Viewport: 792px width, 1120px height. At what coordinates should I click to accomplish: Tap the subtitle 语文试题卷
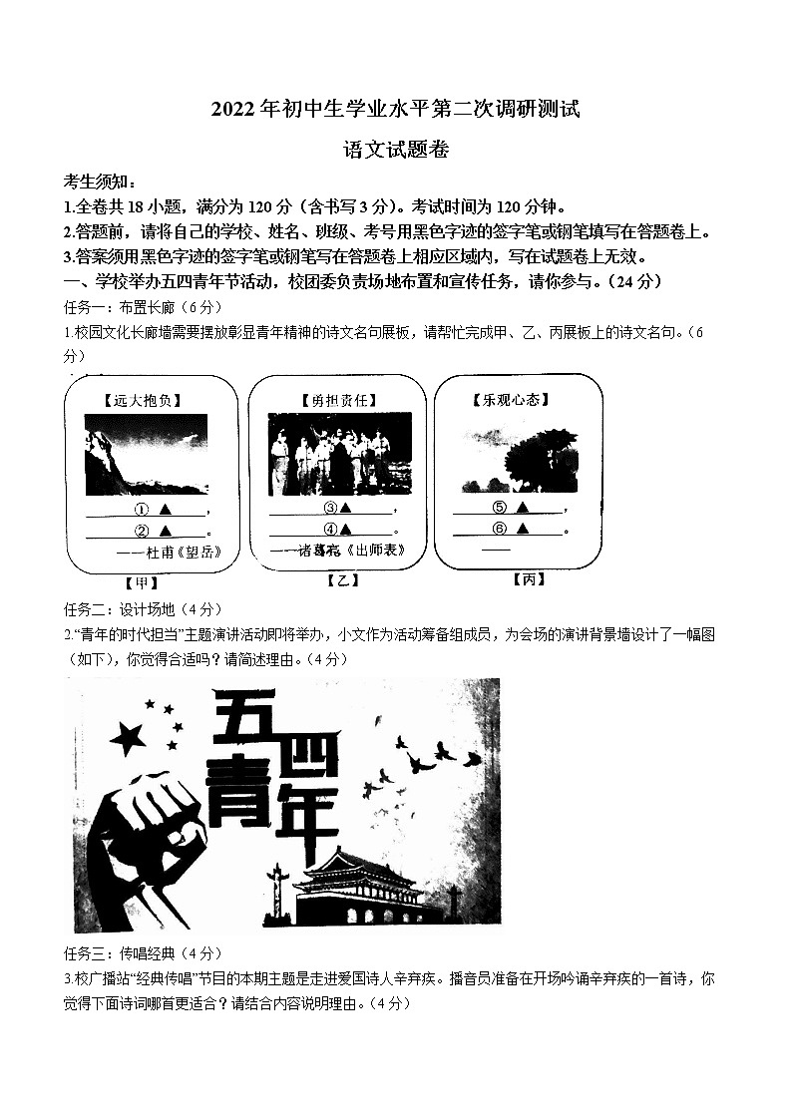pyautogui.click(x=395, y=151)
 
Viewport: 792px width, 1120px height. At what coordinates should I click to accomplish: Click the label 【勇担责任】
pyautogui.click(x=324, y=400)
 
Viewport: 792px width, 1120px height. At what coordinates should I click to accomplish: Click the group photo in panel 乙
pyautogui.click(x=339, y=455)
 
